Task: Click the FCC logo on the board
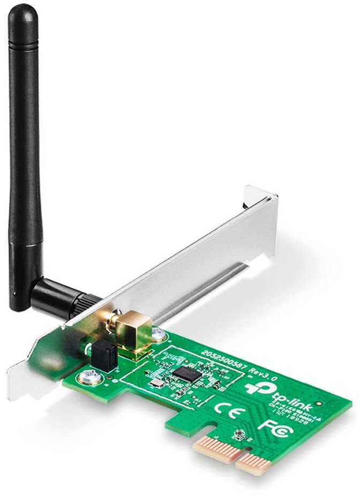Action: pos(270,426)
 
